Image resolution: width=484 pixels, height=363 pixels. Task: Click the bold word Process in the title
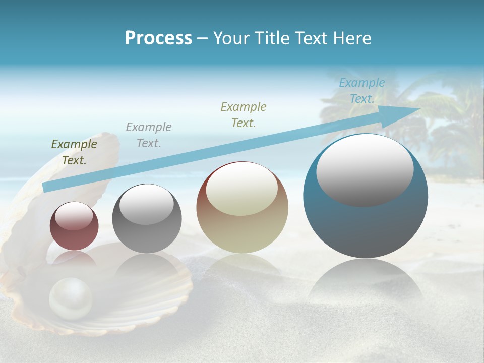[x=158, y=38]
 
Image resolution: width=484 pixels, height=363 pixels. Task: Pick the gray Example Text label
[x=149, y=135]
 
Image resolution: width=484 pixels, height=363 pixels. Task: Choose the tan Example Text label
[x=244, y=114]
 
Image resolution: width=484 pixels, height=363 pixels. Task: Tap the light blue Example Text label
[x=362, y=91]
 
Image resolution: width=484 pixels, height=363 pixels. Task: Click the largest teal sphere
[x=366, y=227]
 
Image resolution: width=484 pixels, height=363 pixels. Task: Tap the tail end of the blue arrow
[x=46, y=187]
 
